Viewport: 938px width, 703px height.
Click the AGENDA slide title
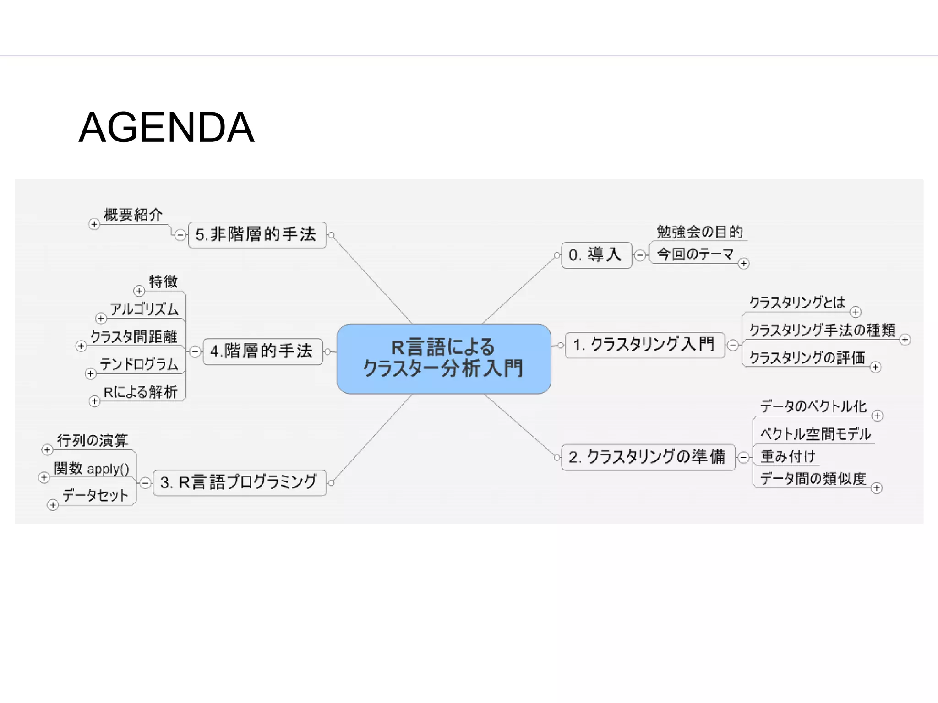[x=166, y=128]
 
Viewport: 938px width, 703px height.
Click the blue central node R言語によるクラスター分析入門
[x=443, y=358]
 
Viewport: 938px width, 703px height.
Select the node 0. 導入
[x=596, y=255]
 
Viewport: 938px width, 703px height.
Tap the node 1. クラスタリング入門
[x=644, y=345]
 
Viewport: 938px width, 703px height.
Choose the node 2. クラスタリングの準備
[x=648, y=457]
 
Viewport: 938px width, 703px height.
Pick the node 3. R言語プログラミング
[x=239, y=482]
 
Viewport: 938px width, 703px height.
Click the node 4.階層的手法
[x=262, y=351]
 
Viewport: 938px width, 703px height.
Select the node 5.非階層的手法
[x=256, y=235]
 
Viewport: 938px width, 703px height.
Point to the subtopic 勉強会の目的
[x=699, y=232]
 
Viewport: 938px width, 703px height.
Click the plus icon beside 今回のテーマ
[x=743, y=264]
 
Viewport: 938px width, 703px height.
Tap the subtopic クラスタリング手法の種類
[x=822, y=330]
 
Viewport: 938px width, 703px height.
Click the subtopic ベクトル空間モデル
[x=815, y=434]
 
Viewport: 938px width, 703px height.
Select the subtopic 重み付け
[x=788, y=456]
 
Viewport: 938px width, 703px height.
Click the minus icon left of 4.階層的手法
[x=195, y=351]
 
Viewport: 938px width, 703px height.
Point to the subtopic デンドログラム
[x=139, y=365]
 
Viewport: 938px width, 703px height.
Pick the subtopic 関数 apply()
[x=92, y=469]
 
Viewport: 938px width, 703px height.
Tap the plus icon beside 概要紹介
[x=94, y=224]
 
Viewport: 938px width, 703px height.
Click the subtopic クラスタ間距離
[x=134, y=337]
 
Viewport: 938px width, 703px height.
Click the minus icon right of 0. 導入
[x=640, y=255]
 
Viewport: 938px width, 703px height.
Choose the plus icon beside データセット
[x=53, y=505]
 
